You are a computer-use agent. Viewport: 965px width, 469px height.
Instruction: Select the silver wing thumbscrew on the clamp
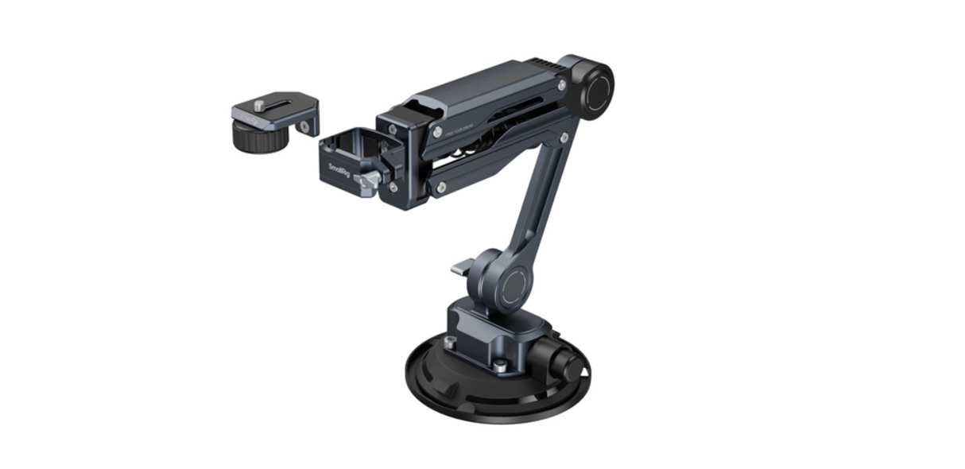point(368,183)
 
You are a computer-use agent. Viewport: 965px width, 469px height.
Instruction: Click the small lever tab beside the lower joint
point(462,269)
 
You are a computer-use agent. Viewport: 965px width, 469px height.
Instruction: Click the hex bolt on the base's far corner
point(451,343)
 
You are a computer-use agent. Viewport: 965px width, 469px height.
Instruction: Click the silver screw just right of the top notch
point(436,132)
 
